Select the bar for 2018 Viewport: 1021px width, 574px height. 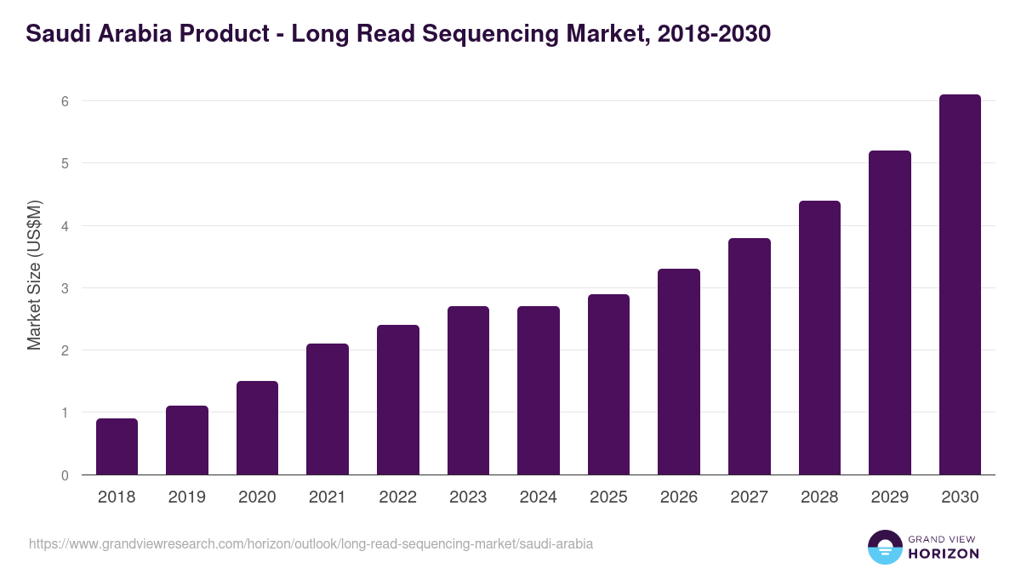click(x=117, y=446)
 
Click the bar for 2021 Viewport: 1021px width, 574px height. click(x=328, y=409)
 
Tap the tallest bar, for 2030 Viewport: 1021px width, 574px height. click(x=960, y=285)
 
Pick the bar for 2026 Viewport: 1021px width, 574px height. click(x=679, y=372)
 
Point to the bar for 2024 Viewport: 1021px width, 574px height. click(x=539, y=390)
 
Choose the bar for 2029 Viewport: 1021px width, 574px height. click(x=890, y=313)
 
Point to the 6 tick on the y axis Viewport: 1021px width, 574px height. click(x=64, y=101)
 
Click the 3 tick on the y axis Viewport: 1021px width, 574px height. click(x=64, y=288)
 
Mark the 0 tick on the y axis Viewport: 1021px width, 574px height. click(x=64, y=475)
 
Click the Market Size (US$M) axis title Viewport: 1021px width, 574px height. click(x=34, y=275)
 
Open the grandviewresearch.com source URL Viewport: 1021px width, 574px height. click(x=311, y=543)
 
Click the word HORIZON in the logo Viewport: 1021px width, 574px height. click(x=943, y=554)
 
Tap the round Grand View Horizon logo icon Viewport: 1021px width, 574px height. click(x=884, y=547)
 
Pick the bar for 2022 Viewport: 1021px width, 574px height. click(x=398, y=400)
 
